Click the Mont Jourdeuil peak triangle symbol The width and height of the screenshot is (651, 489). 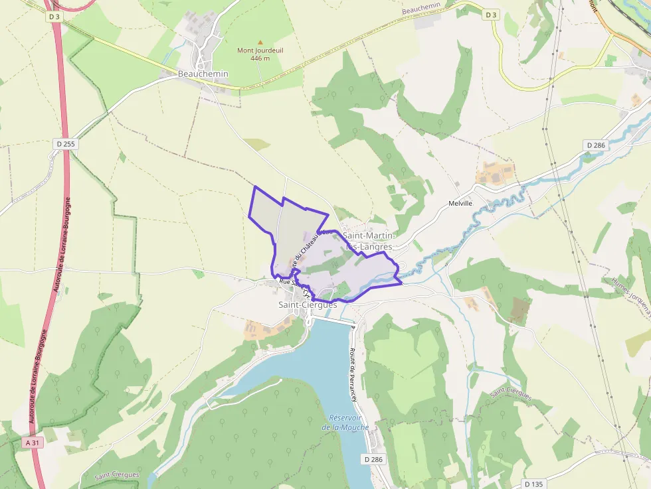(260, 42)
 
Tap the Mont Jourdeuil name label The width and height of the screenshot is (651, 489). (260, 50)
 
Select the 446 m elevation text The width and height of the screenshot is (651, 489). (260, 58)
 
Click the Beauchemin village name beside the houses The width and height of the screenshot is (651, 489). (203, 74)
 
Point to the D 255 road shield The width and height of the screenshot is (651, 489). (64, 143)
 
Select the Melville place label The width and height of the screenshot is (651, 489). (460, 203)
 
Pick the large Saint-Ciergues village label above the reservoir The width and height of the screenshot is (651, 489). (308, 305)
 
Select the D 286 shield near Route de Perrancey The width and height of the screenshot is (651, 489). (374, 459)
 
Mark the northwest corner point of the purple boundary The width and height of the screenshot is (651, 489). (254, 186)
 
